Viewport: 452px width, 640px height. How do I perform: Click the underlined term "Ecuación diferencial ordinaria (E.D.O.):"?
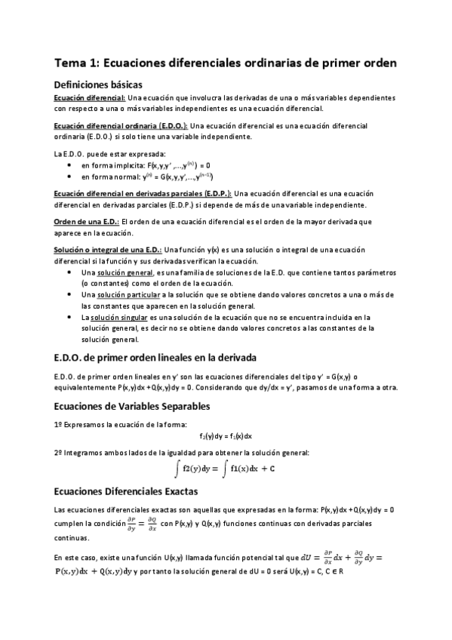point(121,125)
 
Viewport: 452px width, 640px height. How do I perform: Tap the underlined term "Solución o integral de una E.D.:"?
point(108,249)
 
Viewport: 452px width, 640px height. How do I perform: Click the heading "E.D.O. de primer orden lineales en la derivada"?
point(156,356)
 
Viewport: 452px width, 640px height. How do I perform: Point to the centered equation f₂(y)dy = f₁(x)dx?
point(226,435)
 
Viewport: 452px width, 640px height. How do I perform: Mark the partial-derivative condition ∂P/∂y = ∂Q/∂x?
point(142,522)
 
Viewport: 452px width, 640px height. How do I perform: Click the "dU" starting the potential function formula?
point(306,558)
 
